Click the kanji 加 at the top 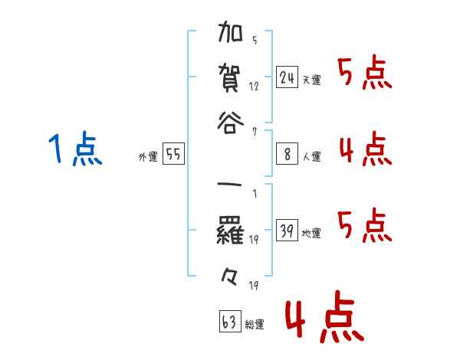[x=231, y=35]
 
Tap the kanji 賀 [x=231, y=77]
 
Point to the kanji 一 [x=231, y=186]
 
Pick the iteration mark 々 [x=231, y=271]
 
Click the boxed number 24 [x=287, y=77]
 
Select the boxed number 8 [x=287, y=154]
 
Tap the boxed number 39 [x=287, y=231]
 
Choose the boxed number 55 [x=173, y=154]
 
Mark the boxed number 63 [x=229, y=322]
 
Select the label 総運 [x=255, y=325]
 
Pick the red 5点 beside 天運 [x=365, y=74]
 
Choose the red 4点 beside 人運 [x=365, y=149]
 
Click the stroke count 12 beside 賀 [x=254, y=87]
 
